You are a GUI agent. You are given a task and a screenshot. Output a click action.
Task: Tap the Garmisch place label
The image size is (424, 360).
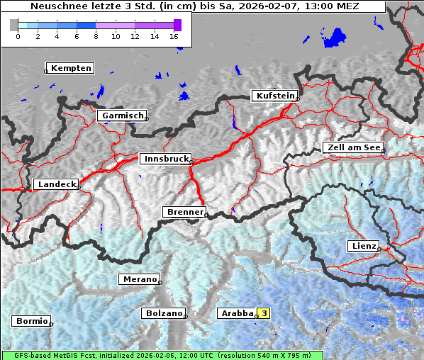[123, 116]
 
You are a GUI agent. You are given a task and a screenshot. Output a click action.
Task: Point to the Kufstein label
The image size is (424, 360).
[274, 96]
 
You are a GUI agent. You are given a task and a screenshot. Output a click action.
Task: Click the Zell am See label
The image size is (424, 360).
[352, 147]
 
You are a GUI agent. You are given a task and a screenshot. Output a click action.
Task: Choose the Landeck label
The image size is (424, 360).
[57, 184]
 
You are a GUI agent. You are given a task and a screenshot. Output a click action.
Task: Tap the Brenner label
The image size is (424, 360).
[184, 212]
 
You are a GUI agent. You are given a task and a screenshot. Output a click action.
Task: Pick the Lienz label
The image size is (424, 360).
[362, 246]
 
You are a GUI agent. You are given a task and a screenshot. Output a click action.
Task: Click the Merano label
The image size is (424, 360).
[139, 279]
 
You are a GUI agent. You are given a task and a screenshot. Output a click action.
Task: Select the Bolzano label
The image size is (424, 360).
[164, 313]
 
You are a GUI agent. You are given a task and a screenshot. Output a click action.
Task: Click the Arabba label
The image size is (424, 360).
[236, 313]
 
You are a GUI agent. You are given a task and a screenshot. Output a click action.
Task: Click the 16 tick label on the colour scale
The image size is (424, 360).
[174, 36]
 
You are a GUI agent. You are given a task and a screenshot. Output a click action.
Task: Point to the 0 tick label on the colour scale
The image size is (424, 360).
[18, 36]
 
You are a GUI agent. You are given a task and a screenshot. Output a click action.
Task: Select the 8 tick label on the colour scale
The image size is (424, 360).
[96, 36]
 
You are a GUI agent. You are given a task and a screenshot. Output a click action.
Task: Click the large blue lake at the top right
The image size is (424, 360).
[334, 38]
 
